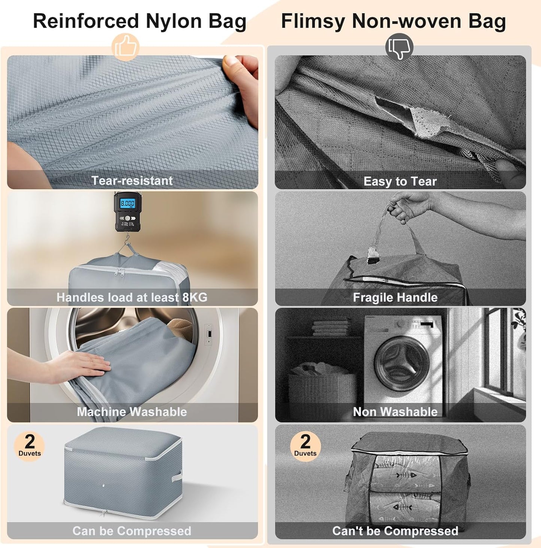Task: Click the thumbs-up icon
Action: (x=125, y=47)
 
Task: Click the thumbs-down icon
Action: (x=399, y=47)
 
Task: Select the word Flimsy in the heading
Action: (x=313, y=21)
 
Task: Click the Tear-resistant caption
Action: (x=132, y=181)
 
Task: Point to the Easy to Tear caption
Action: (x=400, y=182)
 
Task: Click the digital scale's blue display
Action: (x=127, y=204)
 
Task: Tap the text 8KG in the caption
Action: (x=195, y=297)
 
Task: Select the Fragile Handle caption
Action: (x=395, y=298)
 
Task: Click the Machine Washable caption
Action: (x=132, y=412)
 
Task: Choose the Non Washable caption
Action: (x=395, y=412)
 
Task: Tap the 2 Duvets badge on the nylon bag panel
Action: (x=30, y=445)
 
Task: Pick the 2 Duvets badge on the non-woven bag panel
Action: (x=305, y=445)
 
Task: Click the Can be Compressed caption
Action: (x=132, y=531)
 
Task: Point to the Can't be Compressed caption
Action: (x=395, y=531)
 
